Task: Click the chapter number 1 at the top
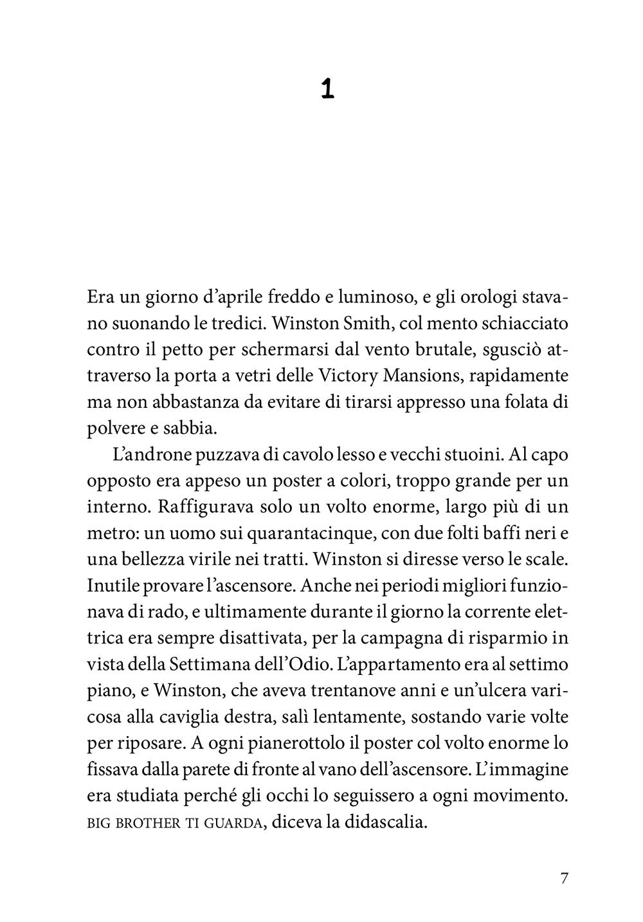pos(327,89)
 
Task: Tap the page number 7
pos(565,878)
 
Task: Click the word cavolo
pos(321,456)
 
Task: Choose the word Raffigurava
pos(206,506)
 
